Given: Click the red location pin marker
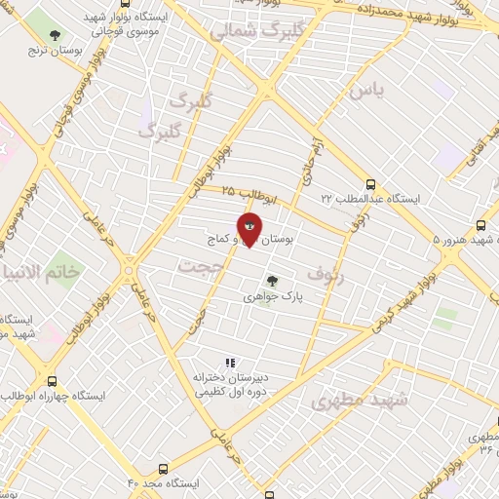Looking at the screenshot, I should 249,228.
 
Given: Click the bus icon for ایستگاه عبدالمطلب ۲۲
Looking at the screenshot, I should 370,184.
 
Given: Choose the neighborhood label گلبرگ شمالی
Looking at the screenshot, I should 249,30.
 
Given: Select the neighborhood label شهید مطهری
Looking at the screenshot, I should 351,402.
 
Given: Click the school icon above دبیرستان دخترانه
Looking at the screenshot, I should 230,364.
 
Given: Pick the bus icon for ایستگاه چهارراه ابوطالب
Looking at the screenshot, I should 52,382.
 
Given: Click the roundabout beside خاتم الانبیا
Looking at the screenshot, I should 129,269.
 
